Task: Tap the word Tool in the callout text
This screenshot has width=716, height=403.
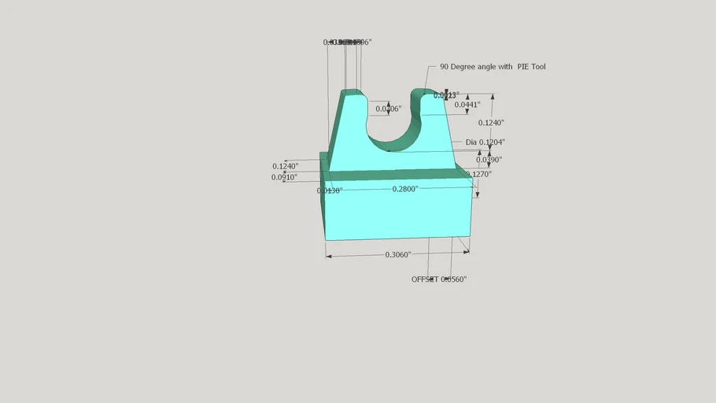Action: tap(538, 67)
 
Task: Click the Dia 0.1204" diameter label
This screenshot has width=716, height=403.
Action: tap(485, 142)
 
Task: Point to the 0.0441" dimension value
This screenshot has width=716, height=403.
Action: tap(467, 105)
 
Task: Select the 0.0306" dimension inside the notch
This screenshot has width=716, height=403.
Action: tap(389, 109)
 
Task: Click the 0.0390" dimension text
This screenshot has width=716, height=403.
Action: tap(489, 160)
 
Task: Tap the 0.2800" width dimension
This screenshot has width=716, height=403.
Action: tap(405, 190)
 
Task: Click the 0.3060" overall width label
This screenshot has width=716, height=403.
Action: tap(398, 255)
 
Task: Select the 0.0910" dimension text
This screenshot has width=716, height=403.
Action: tap(284, 178)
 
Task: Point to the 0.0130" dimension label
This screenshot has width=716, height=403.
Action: tap(329, 190)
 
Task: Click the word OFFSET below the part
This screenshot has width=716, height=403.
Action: tap(425, 279)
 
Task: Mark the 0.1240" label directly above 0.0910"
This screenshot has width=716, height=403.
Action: tap(285, 166)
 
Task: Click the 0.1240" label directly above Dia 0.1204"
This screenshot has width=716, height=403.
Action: tap(492, 123)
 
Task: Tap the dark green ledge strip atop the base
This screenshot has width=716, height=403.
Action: tap(393, 175)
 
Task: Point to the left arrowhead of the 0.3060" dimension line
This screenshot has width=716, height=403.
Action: tap(329, 256)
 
